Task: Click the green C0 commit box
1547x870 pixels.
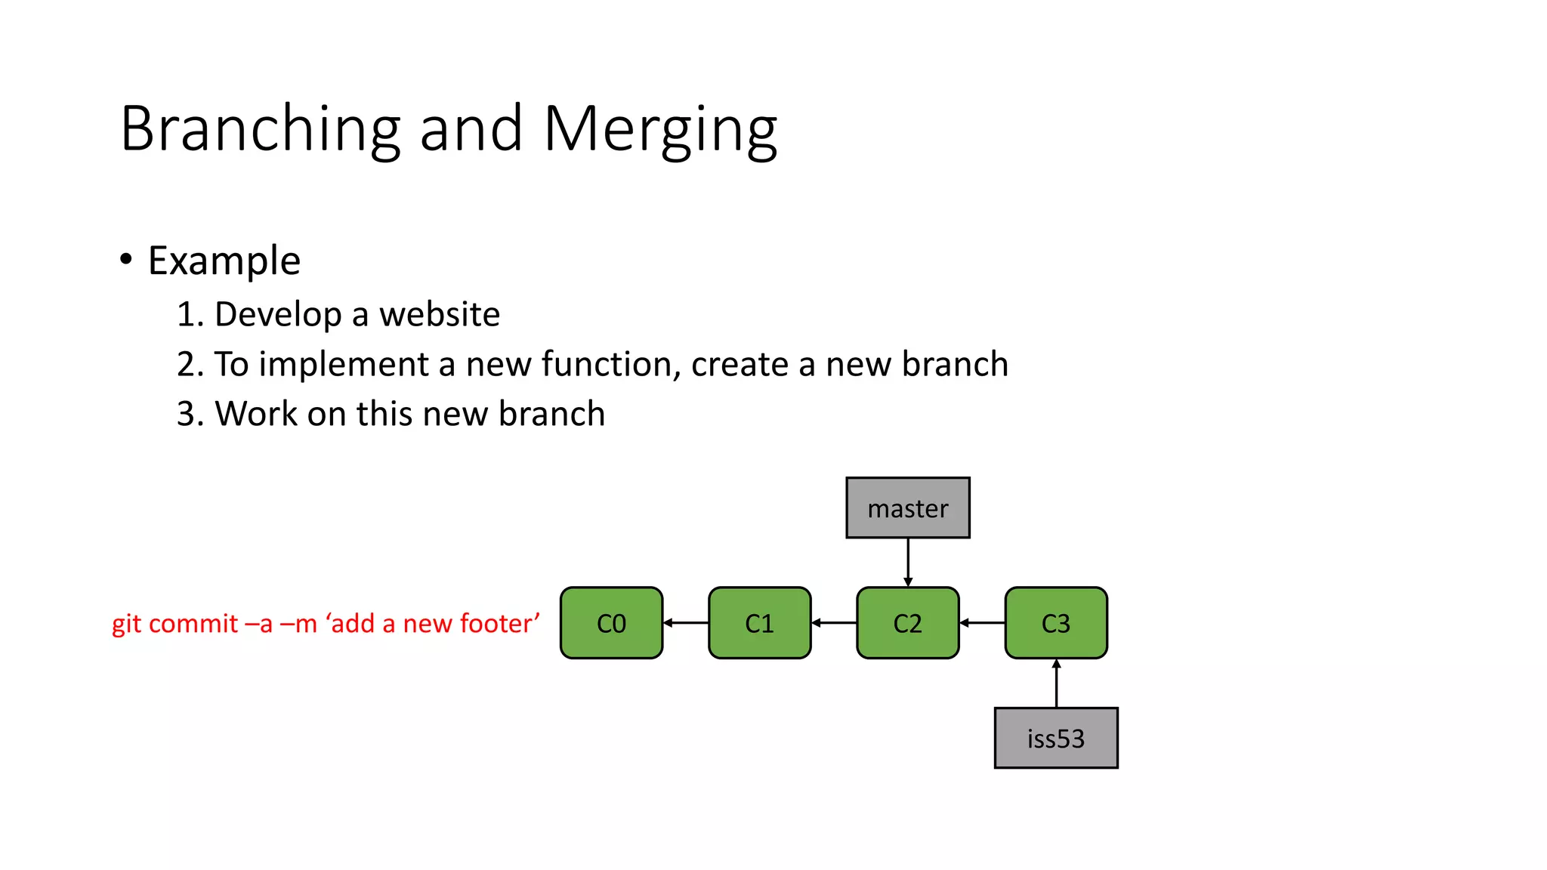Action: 611,623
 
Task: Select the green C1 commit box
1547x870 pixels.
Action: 759,623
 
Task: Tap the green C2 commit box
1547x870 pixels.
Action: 907,623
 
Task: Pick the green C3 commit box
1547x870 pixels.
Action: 1055,623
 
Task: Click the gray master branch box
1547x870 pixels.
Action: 907,507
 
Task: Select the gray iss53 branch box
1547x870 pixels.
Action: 1055,738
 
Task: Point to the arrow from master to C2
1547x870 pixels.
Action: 907,562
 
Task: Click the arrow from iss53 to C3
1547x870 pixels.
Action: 1056,683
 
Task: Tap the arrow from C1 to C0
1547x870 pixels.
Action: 686,623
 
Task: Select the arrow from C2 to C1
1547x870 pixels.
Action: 834,623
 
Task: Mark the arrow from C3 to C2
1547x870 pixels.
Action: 982,623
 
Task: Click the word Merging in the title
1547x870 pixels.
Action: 660,130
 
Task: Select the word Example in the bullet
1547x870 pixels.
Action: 224,261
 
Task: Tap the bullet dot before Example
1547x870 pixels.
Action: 126,260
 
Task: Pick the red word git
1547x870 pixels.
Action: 126,625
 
